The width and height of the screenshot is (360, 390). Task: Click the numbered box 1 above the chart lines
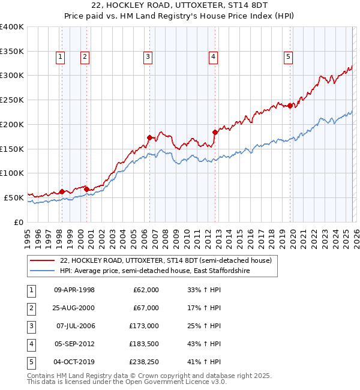(61, 57)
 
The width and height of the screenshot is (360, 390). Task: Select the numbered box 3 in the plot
(148, 57)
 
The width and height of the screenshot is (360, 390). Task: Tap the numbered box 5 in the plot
(289, 57)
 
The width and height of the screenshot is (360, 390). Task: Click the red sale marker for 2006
(149, 137)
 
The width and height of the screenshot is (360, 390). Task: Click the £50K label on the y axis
(14, 197)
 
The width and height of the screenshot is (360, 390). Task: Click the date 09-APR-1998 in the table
(74, 290)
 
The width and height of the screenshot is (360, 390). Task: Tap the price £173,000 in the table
(145, 326)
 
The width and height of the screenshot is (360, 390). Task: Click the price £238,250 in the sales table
(145, 362)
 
